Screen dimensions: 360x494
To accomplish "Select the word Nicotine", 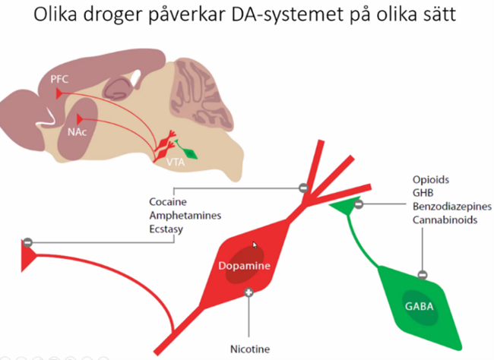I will point(249,349).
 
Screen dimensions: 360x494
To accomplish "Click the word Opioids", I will point(431,181).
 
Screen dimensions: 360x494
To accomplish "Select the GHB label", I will point(423,194).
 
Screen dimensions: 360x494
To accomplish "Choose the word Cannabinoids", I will point(444,219).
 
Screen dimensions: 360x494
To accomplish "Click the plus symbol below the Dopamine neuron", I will point(249,292).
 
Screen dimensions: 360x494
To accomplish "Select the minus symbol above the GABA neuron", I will point(423,274).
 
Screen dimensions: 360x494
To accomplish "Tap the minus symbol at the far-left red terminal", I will point(27,242).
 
